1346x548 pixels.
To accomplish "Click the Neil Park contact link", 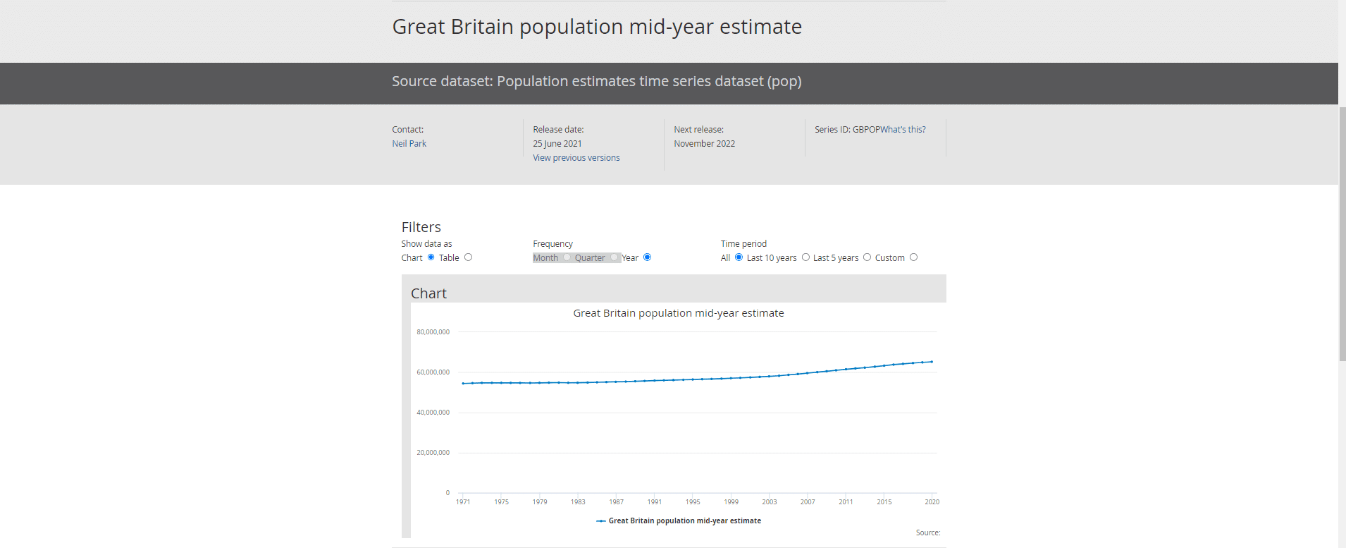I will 409,144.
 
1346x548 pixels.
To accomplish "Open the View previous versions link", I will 576,158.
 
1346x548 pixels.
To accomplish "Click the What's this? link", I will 903,130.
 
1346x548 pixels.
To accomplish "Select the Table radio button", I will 468,257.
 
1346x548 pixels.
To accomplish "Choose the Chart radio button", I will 431,257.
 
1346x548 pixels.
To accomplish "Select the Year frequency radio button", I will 647,257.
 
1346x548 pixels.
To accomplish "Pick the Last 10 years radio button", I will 805,257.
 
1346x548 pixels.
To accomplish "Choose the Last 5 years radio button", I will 867,257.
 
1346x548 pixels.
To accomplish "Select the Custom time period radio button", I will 913,257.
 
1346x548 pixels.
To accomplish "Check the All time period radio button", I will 739,257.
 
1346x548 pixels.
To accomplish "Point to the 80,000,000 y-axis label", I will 433,332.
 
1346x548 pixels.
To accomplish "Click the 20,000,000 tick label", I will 433,453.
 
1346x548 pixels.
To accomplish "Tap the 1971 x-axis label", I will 463,502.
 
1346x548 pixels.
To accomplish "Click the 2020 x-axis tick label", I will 932,502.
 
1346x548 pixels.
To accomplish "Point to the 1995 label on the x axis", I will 693,502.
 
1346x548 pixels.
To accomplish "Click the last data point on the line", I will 932,362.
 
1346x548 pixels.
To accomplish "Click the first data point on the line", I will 463,384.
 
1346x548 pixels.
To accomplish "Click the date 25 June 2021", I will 557,144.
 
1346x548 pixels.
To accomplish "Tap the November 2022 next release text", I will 704,144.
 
